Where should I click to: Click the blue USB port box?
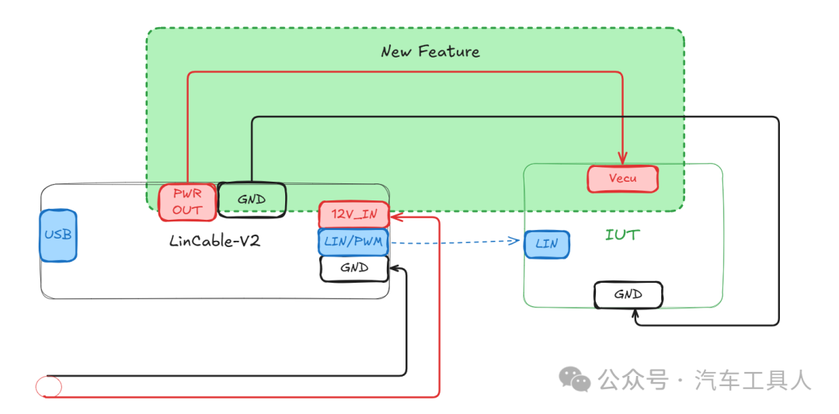pyautogui.click(x=57, y=235)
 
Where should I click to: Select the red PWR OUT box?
pyautogui.click(x=187, y=202)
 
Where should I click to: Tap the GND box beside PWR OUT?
pyautogui.click(x=252, y=200)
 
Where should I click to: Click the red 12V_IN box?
pyautogui.click(x=353, y=215)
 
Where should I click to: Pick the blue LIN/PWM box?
pyautogui.click(x=353, y=242)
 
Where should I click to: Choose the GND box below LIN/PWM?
pyautogui.click(x=354, y=269)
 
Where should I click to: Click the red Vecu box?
pyautogui.click(x=623, y=179)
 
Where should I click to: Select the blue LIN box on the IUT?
pyautogui.click(x=547, y=244)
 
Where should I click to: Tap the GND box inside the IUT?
pyautogui.click(x=628, y=294)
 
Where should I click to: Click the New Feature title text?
pyautogui.click(x=430, y=51)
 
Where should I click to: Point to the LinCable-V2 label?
pyautogui.click(x=215, y=241)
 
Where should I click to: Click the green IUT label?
pyautogui.click(x=622, y=235)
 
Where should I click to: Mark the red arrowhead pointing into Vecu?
pyautogui.click(x=622, y=158)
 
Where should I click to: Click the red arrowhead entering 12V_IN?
pyautogui.click(x=396, y=217)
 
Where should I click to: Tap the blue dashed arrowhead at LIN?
pyautogui.click(x=515, y=241)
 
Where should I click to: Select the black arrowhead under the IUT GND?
pyautogui.click(x=635, y=314)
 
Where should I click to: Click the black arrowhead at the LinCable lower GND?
pyautogui.click(x=396, y=269)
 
